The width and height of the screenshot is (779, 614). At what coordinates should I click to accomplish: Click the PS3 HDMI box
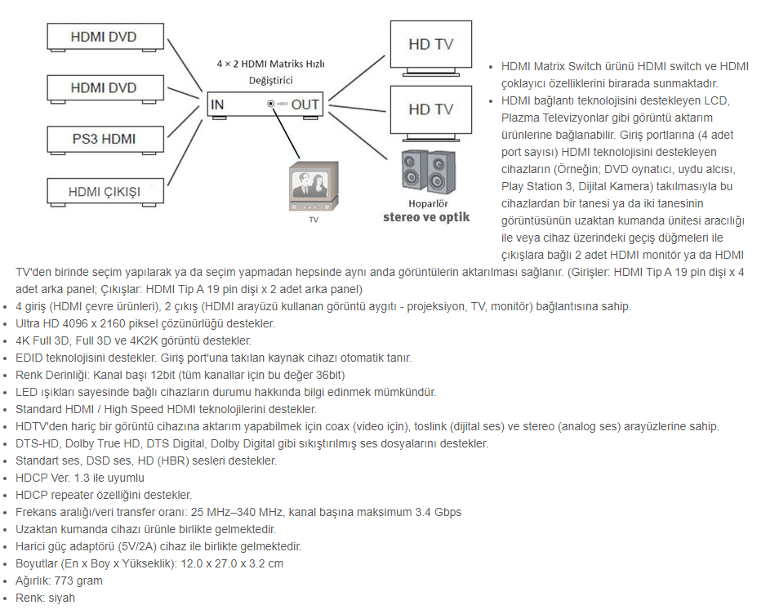click(x=103, y=139)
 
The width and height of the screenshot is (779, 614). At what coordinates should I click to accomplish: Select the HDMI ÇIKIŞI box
click(x=104, y=192)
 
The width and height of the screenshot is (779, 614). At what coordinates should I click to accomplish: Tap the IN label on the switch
click(x=217, y=105)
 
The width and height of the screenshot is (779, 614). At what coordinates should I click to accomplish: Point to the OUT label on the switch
click(x=305, y=105)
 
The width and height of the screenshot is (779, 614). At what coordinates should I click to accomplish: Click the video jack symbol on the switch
click(x=270, y=104)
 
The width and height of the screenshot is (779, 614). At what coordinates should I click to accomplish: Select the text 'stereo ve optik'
click(x=426, y=217)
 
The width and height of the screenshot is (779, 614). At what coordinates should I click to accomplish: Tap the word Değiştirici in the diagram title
click(x=271, y=80)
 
